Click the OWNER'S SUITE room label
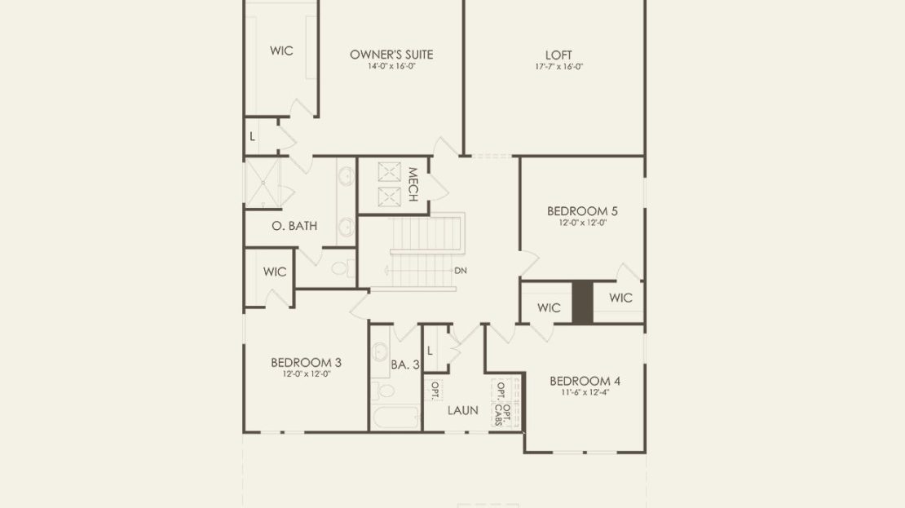(391, 55)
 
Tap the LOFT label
(558, 55)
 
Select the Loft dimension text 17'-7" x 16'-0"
(558, 66)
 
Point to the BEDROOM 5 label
(582, 210)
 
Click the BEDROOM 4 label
(585, 381)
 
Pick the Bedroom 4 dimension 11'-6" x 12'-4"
(585, 392)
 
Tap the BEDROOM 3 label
(306, 363)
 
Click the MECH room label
(413, 184)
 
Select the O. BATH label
(294, 226)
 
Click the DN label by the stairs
(461, 270)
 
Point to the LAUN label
(463, 410)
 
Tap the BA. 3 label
(405, 364)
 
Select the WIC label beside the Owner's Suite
(281, 51)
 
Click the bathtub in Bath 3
(396, 418)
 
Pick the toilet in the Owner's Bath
(342, 267)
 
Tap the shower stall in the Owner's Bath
(263, 183)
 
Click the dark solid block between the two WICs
(582, 303)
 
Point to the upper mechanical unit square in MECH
(389, 172)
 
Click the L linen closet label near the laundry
(430, 351)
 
